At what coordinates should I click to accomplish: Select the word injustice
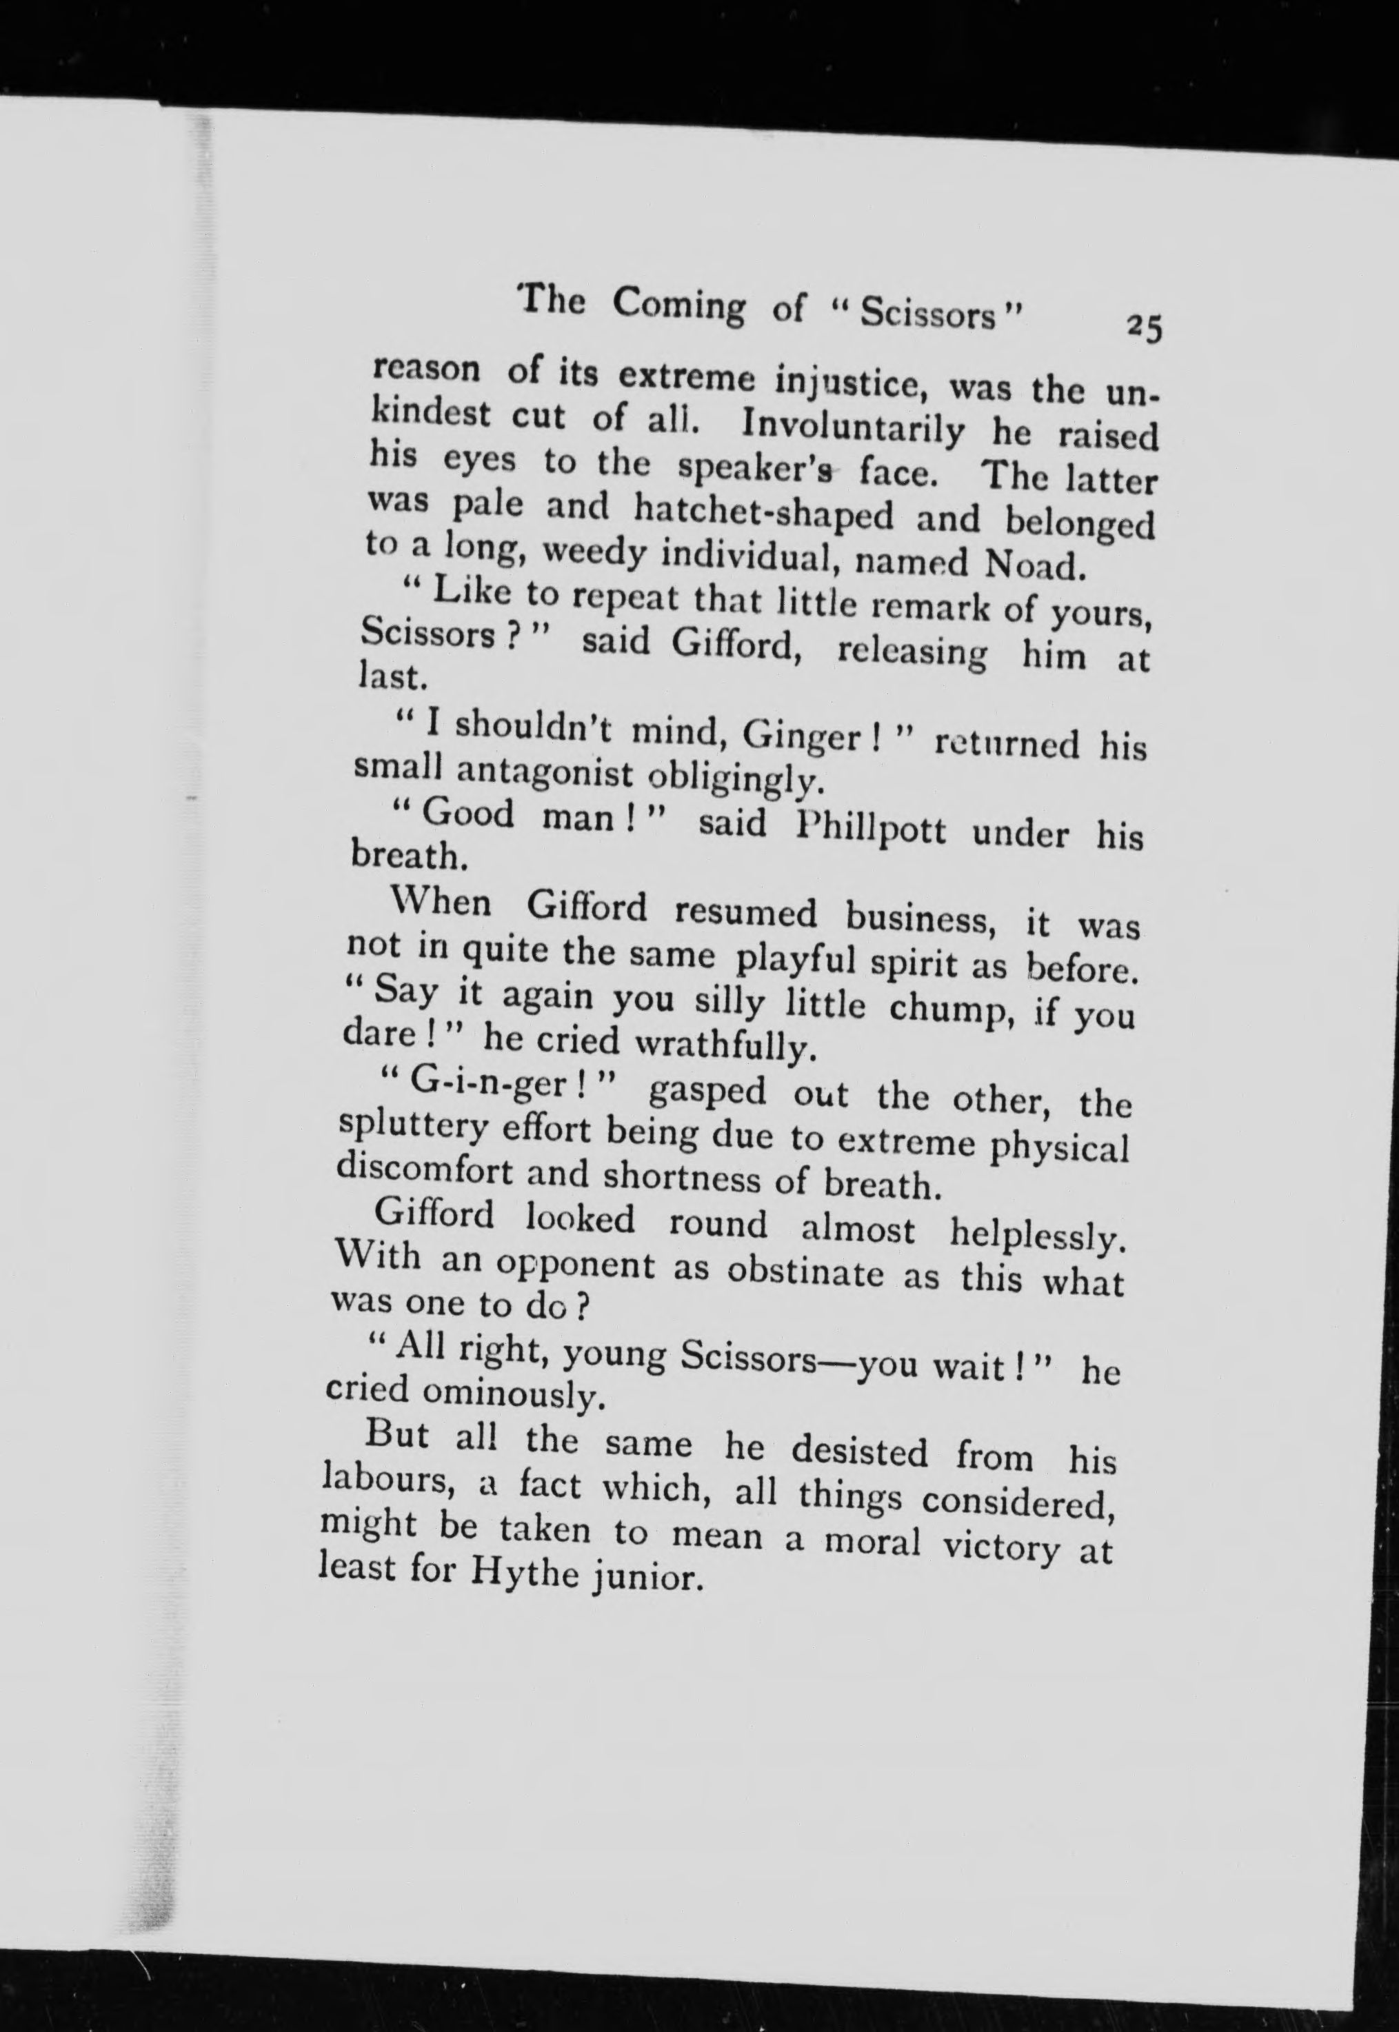pos(849,383)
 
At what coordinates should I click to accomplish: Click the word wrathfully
pos(720,1046)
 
